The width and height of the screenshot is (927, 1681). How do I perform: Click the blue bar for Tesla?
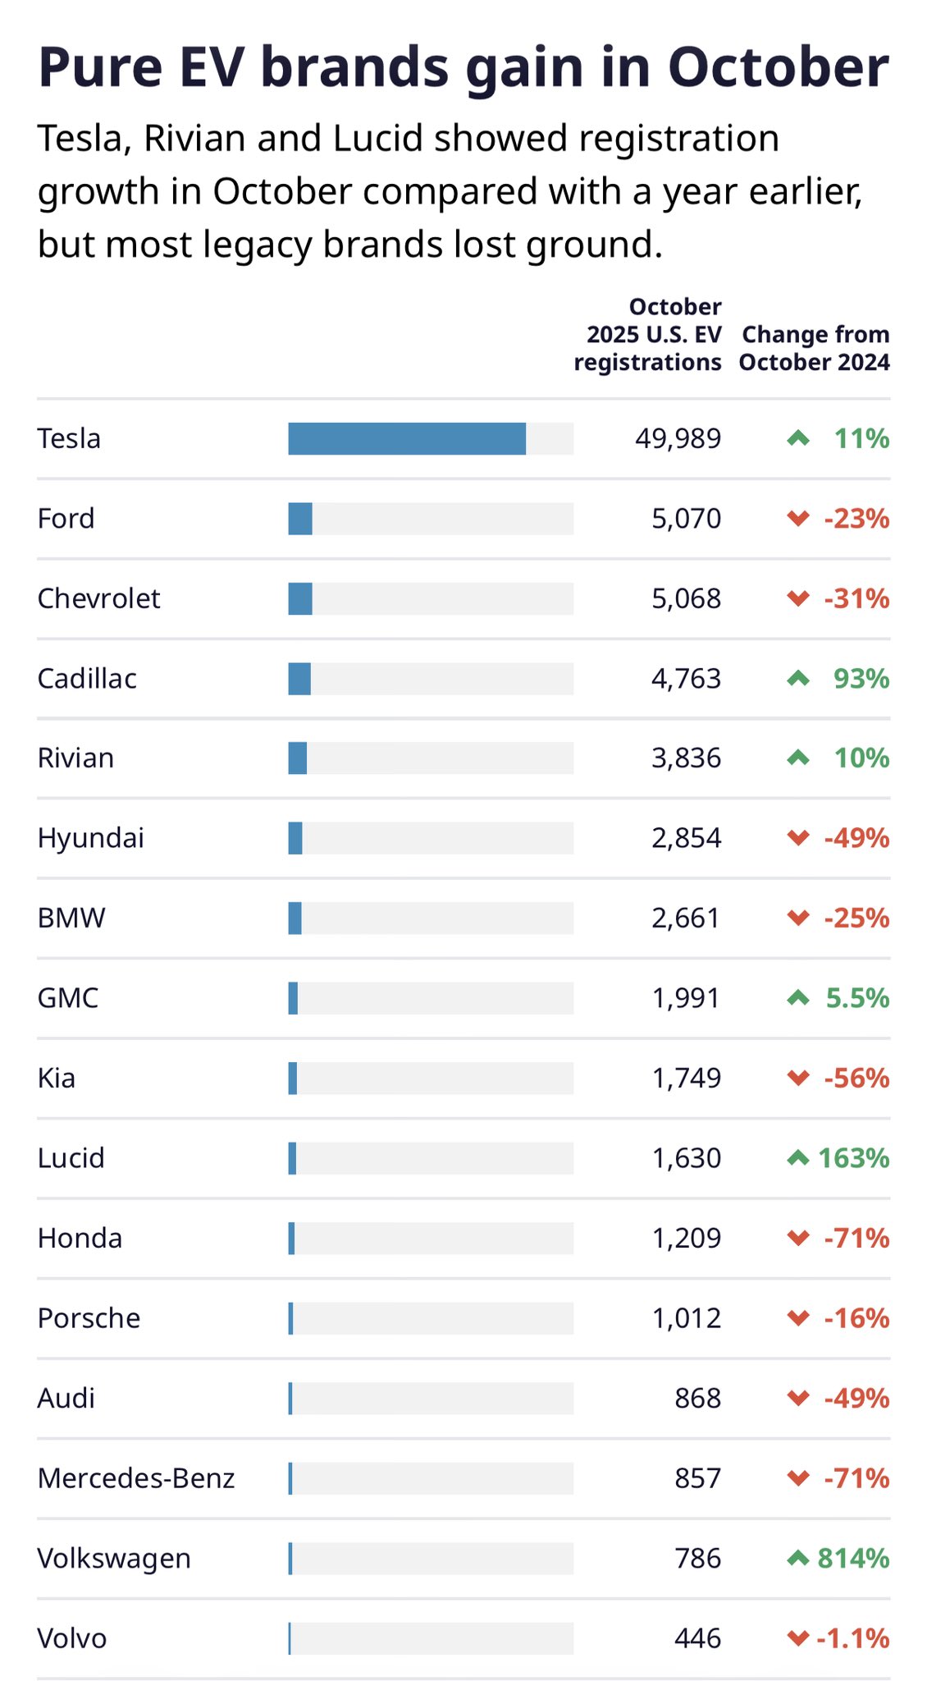pyautogui.click(x=407, y=438)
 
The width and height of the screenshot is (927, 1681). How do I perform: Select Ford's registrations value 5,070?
pyautogui.click(x=686, y=519)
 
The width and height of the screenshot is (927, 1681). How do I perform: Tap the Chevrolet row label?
pyautogui.click(x=98, y=598)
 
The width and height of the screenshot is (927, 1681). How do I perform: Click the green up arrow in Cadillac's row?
pyautogui.click(x=797, y=679)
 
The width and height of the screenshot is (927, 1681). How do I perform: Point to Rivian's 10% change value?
pyautogui.click(x=861, y=758)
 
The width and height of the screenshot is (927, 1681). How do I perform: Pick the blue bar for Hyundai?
pyautogui.click(x=295, y=838)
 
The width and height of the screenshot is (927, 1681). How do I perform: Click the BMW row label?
pyautogui.click(x=71, y=918)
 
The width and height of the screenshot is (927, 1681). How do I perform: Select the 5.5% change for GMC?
pyautogui.click(x=857, y=998)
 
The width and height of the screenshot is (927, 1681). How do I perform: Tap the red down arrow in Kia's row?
pyautogui.click(x=797, y=1078)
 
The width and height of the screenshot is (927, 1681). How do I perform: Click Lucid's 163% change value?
pyautogui.click(x=853, y=1158)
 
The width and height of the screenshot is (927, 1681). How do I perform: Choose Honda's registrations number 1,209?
pyautogui.click(x=686, y=1238)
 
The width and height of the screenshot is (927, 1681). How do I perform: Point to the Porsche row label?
pyautogui.click(x=89, y=1318)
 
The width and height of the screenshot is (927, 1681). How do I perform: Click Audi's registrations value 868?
pyautogui.click(x=697, y=1398)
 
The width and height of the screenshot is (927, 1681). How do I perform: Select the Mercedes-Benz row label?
pyautogui.click(x=136, y=1478)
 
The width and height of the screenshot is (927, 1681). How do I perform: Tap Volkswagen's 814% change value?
pyautogui.click(x=853, y=1558)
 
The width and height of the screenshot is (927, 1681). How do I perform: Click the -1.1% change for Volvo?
pyautogui.click(x=853, y=1638)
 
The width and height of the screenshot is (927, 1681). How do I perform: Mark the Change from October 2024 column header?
pyautogui.click(x=815, y=348)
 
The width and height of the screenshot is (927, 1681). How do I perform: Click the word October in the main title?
pyautogui.click(x=778, y=67)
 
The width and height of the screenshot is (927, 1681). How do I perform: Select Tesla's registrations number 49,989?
pyautogui.click(x=678, y=438)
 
